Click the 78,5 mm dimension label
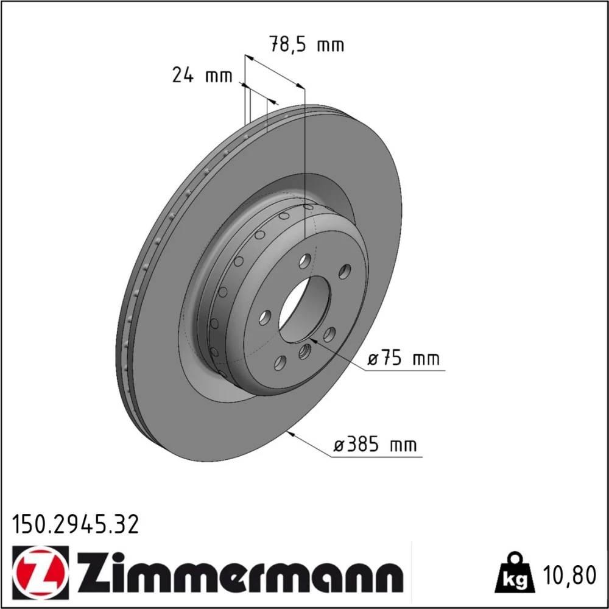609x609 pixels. click(307, 44)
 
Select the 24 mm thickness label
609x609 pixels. click(202, 75)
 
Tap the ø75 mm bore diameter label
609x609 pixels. click(404, 357)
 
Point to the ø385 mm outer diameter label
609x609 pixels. click(375, 445)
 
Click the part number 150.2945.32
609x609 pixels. click(76, 524)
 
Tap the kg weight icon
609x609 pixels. click(515, 573)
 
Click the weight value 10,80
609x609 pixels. click(570, 576)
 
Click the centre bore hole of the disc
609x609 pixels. click(305, 309)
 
